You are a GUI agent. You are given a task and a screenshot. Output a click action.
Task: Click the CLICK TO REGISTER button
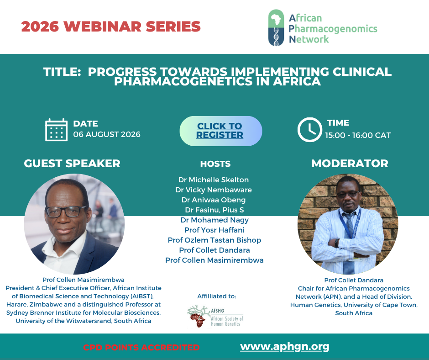[221, 131]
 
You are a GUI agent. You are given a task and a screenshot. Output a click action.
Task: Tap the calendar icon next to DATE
[56, 130]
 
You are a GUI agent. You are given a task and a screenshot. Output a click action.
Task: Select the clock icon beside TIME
[310, 130]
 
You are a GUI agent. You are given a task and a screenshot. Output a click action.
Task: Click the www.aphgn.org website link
[284, 347]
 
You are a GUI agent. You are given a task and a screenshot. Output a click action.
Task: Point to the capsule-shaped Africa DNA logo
[276, 28]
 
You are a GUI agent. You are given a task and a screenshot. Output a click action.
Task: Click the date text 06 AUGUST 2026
[107, 134]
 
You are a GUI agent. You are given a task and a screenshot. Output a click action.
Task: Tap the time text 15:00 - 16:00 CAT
[358, 135]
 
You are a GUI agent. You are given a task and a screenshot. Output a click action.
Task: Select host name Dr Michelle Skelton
[214, 180]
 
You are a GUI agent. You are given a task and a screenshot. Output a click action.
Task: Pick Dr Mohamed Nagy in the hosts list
[214, 220]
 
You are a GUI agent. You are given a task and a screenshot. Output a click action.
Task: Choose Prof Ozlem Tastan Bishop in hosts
[214, 240]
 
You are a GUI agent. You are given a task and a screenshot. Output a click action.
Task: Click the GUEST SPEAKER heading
[72, 163]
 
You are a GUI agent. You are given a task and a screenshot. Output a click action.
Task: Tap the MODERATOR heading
[350, 163]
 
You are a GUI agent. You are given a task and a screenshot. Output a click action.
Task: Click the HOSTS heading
[215, 164]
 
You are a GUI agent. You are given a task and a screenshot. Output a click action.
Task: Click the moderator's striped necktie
[349, 241]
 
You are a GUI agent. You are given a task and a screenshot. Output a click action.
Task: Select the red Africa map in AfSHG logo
[198, 320]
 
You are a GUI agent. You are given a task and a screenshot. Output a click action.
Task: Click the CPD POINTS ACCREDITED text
[141, 347]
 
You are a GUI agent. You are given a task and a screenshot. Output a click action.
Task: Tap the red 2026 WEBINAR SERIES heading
[111, 26]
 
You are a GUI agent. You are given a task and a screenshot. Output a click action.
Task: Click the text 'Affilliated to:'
[217, 296]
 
